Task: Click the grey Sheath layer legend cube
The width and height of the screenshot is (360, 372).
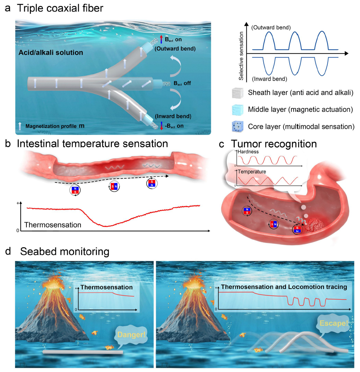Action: pyautogui.click(x=238, y=93)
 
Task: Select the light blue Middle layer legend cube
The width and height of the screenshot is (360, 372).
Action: pyautogui.click(x=238, y=110)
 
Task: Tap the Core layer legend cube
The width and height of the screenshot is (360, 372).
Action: pyautogui.click(x=238, y=127)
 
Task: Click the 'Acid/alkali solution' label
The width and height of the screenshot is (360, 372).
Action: pyautogui.click(x=51, y=52)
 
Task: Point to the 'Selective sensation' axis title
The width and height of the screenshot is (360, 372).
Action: pyautogui.click(x=241, y=56)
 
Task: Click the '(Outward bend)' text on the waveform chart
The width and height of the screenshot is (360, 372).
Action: pyautogui.click(x=271, y=27)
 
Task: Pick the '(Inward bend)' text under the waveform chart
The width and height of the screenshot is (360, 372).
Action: pyautogui.click(x=270, y=79)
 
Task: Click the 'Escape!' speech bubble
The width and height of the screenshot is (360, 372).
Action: pyautogui.click(x=333, y=323)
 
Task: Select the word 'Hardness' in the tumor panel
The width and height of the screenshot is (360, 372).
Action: pyautogui.click(x=248, y=152)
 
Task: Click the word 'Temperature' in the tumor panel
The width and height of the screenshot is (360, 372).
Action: pyautogui.click(x=252, y=172)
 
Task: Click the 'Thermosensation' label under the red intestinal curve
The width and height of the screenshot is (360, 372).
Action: pyautogui.click(x=53, y=225)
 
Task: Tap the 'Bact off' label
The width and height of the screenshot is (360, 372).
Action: pyautogui.click(x=182, y=83)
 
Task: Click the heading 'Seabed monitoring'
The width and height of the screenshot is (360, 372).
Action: pyautogui.click(x=65, y=251)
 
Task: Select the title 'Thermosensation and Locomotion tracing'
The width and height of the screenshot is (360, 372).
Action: pyautogui.click(x=284, y=287)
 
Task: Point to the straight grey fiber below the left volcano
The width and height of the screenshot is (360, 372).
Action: pyautogui.click(x=83, y=352)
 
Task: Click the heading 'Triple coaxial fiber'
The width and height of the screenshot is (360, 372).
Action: pyautogui.click(x=60, y=8)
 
